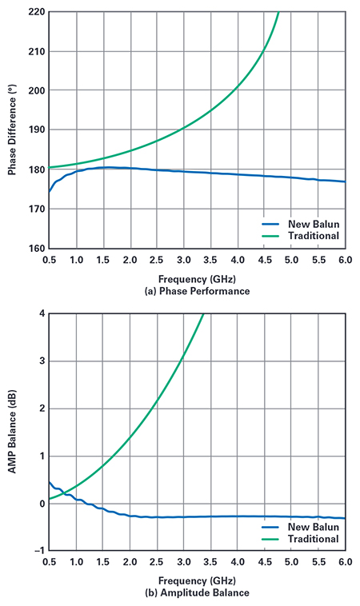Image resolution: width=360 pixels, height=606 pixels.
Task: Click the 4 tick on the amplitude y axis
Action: (x=40, y=313)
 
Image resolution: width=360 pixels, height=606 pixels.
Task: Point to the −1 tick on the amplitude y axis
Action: (x=38, y=550)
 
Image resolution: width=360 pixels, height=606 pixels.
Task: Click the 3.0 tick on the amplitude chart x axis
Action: (x=184, y=562)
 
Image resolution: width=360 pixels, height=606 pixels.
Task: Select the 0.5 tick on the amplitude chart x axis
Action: (x=50, y=562)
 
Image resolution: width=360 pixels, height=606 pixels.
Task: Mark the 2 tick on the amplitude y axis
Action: (x=40, y=409)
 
